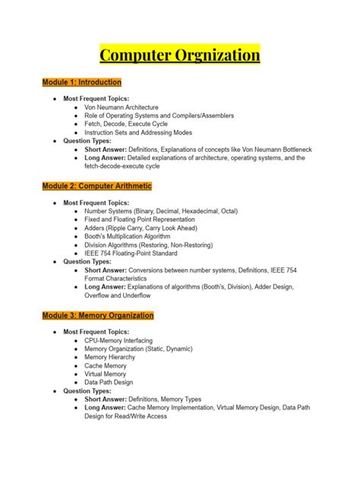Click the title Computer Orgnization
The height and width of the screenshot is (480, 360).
click(x=180, y=55)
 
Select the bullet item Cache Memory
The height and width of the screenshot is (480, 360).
click(x=106, y=365)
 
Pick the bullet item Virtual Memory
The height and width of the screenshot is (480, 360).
click(x=106, y=374)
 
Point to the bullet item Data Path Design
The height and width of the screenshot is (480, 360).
click(x=109, y=382)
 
